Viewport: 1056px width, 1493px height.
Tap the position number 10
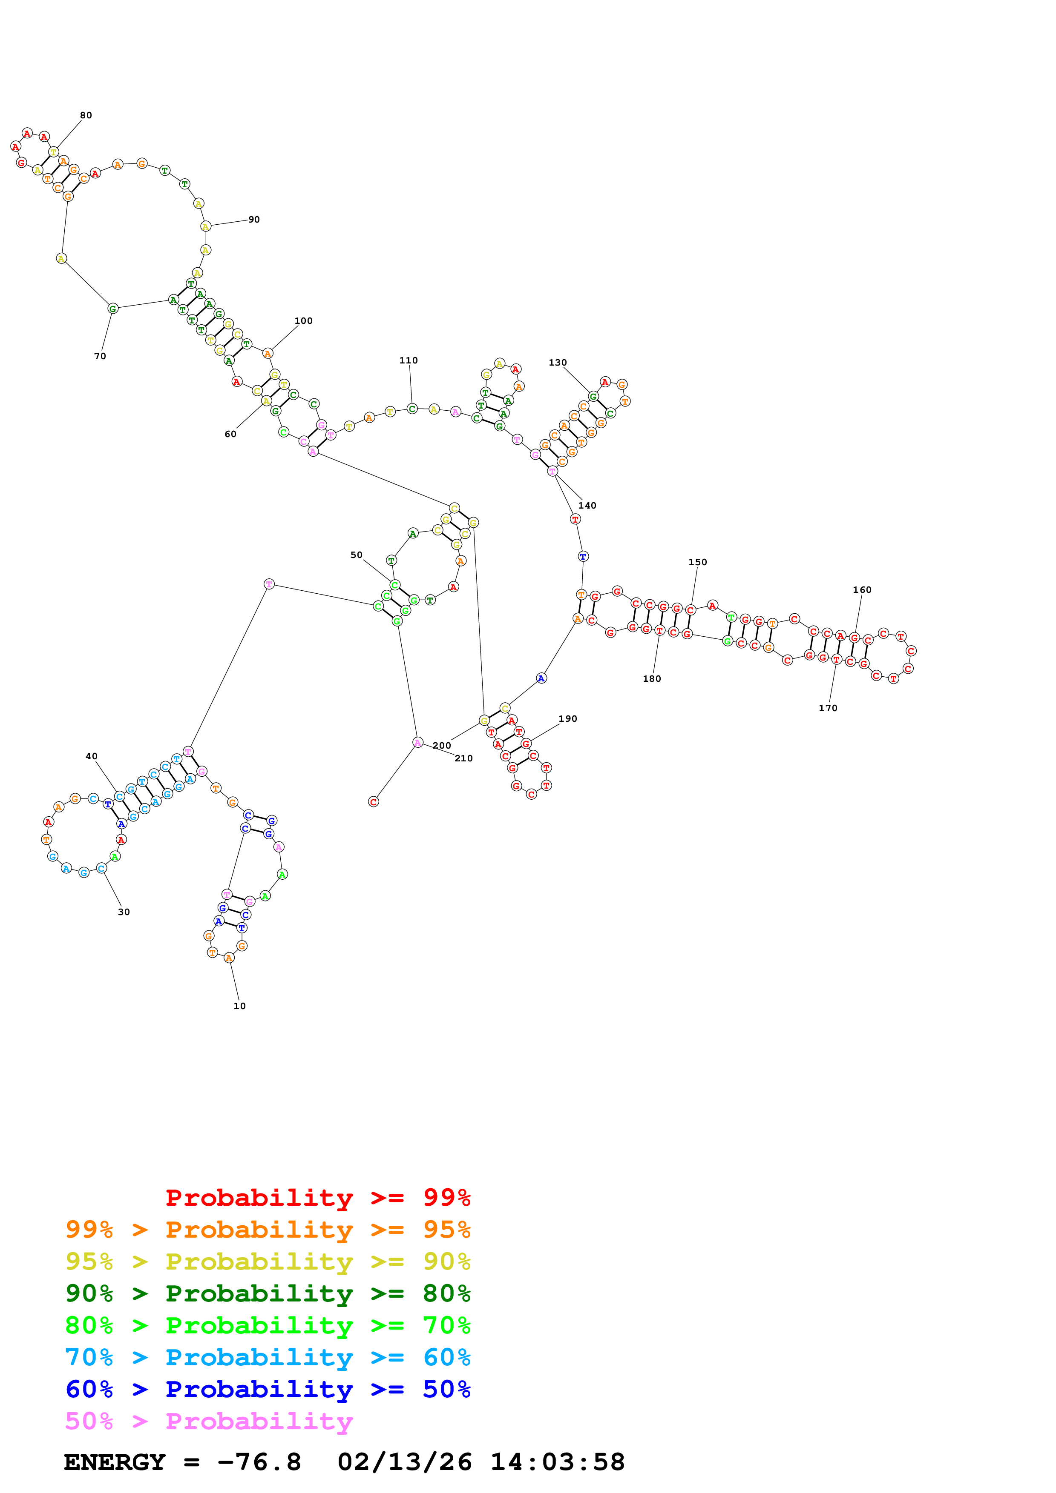(x=239, y=1006)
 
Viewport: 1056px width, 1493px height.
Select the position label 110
(x=409, y=360)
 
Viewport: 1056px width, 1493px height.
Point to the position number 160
(x=862, y=590)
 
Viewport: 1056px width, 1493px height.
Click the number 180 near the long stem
(x=652, y=679)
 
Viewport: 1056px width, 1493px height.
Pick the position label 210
(x=463, y=758)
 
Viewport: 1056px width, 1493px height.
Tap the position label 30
(x=124, y=912)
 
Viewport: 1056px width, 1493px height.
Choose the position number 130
(x=558, y=363)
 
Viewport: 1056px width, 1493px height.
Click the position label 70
(x=100, y=356)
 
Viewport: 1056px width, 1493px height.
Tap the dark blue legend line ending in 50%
(x=268, y=1389)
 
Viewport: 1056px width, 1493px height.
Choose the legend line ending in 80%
(x=268, y=1293)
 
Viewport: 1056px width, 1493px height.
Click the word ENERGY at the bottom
(x=115, y=1462)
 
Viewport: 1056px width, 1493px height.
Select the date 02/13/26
(x=405, y=1462)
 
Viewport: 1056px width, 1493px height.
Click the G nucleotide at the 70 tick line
(x=112, y=309)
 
